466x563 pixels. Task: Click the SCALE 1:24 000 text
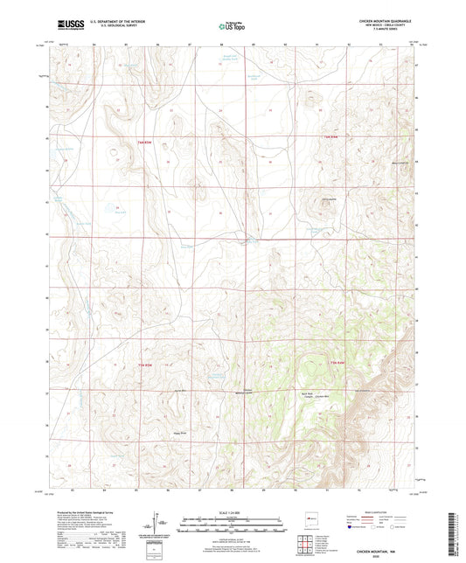coord(232,511)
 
